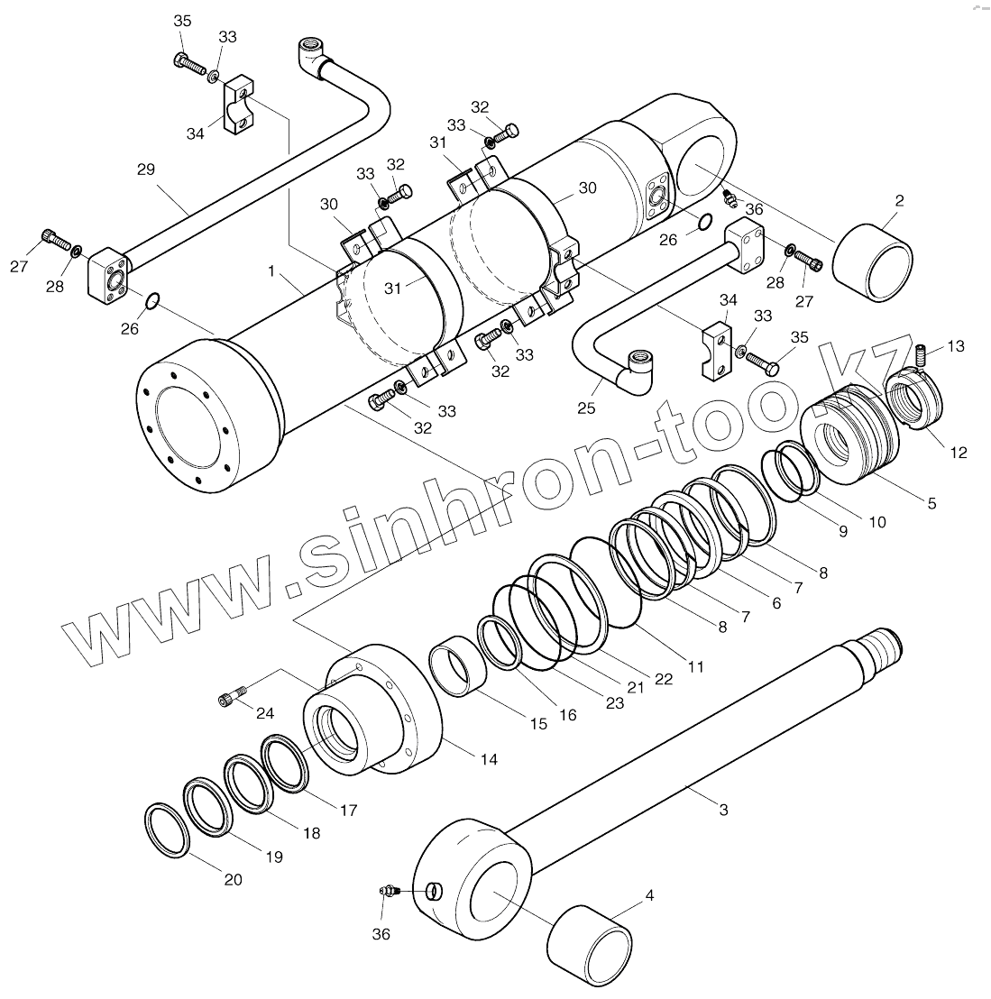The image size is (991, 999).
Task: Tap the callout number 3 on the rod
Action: pos(723,810)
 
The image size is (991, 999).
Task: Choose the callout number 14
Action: pos(488,759)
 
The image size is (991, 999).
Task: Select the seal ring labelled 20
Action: pos(167,830)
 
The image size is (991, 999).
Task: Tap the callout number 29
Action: pos(146,169)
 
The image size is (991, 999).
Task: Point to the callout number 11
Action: pos(695,667)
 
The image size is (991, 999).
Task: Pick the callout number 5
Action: pos(931,503)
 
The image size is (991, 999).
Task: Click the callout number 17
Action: pos(348,810)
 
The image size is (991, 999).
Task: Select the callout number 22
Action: pos(663,680)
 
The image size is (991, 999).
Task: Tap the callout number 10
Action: pos(876,521)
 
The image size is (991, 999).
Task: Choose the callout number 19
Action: pos(272,857)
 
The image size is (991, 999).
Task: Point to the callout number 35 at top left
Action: pos(182,21)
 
